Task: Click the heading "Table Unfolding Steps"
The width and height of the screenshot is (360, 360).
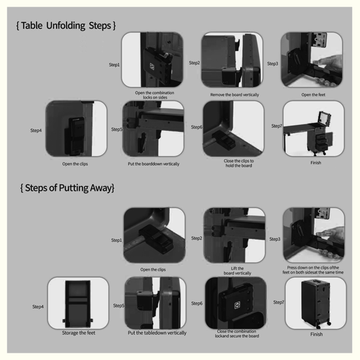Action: pyautogui.click(x=66, y=26)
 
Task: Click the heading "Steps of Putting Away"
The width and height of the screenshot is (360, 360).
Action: pyautogui.click(x=67, y=187)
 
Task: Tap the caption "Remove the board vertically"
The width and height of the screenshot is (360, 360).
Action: pyautogui.click(x=234, y=95)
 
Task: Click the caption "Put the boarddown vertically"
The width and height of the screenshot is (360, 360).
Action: pyautogui.click(x=154, y=164)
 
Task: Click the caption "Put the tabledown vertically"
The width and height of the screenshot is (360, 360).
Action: pyautogui.click(x=157, y=332)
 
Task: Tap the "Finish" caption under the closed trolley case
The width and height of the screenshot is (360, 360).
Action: pyautogui.click(x=316, y=334)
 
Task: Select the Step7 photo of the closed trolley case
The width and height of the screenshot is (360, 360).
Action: pyautogui.click(x=314, y=303)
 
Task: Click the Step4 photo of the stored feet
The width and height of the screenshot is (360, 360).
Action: pyautogui.click(x=77, y=302)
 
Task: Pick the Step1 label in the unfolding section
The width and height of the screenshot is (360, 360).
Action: pyautogui.click(x=114, y=64)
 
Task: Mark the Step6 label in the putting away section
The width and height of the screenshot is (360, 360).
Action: pyautogui.click(x=197, y=304)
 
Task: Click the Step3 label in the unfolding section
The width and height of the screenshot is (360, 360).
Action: pyautogui.click(x=272, y=64)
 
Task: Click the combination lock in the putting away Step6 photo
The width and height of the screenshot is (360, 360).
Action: pyautogui.click(x=236, y=305)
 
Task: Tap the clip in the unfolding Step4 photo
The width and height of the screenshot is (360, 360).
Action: pyautogui.click(x=77, y=127)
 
